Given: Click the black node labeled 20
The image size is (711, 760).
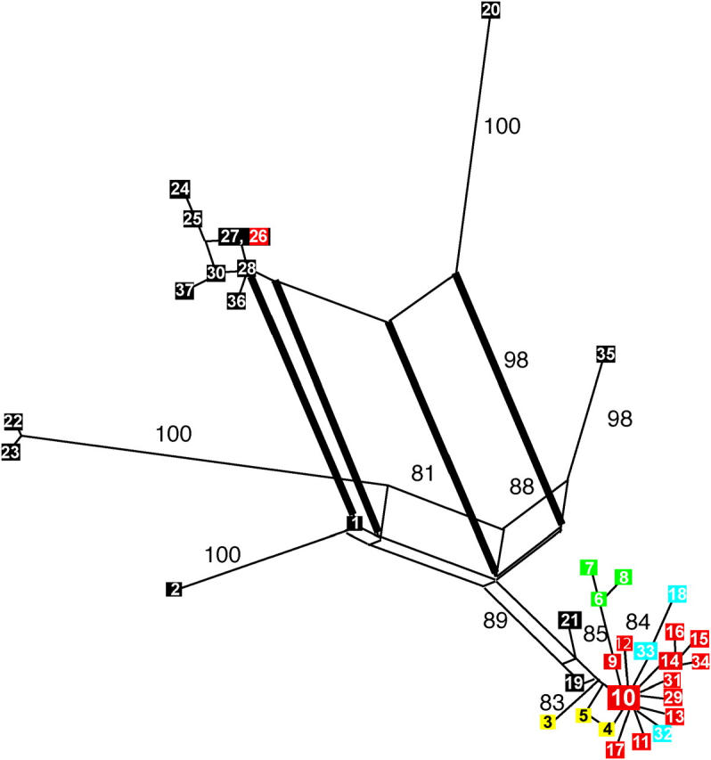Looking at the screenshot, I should pyautogui.click(x=491, y=10).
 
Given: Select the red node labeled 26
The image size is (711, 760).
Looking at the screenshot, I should pyautogui.click(x=258, y=236).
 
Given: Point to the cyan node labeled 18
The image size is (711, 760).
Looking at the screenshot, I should pyautogui.click(x=677, y=593).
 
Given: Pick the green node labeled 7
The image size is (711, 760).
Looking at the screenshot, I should pyautogui.click(x=588, y=568).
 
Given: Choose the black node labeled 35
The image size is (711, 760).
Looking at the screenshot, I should pyautogui.click(x=606, y=355).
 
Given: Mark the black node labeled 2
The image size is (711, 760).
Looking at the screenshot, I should pyautogui.click(x=175, y=588).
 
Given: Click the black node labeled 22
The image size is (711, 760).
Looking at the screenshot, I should pyautogui.click(x=13, y=421).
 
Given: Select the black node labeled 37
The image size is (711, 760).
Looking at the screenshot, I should pyautogui.click(x=184, y=290).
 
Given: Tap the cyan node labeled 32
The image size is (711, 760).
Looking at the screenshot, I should pyautogui.click(x=663, y=733).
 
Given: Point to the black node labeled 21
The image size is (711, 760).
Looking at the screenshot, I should pyautogui.click(x=569, y=621).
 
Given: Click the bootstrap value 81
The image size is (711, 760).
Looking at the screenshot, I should pyautogui.click(x=422, y=474).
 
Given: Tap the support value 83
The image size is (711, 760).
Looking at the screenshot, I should pyautogui.click(x=552, y=702).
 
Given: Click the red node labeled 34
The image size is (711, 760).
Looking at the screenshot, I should pyautogui.click(x=700, y=661).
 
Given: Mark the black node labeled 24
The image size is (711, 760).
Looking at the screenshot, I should pyautogui.click(x=180, y=189).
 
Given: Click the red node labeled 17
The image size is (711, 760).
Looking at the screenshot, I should pyautogui.click(x=616, y=749).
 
